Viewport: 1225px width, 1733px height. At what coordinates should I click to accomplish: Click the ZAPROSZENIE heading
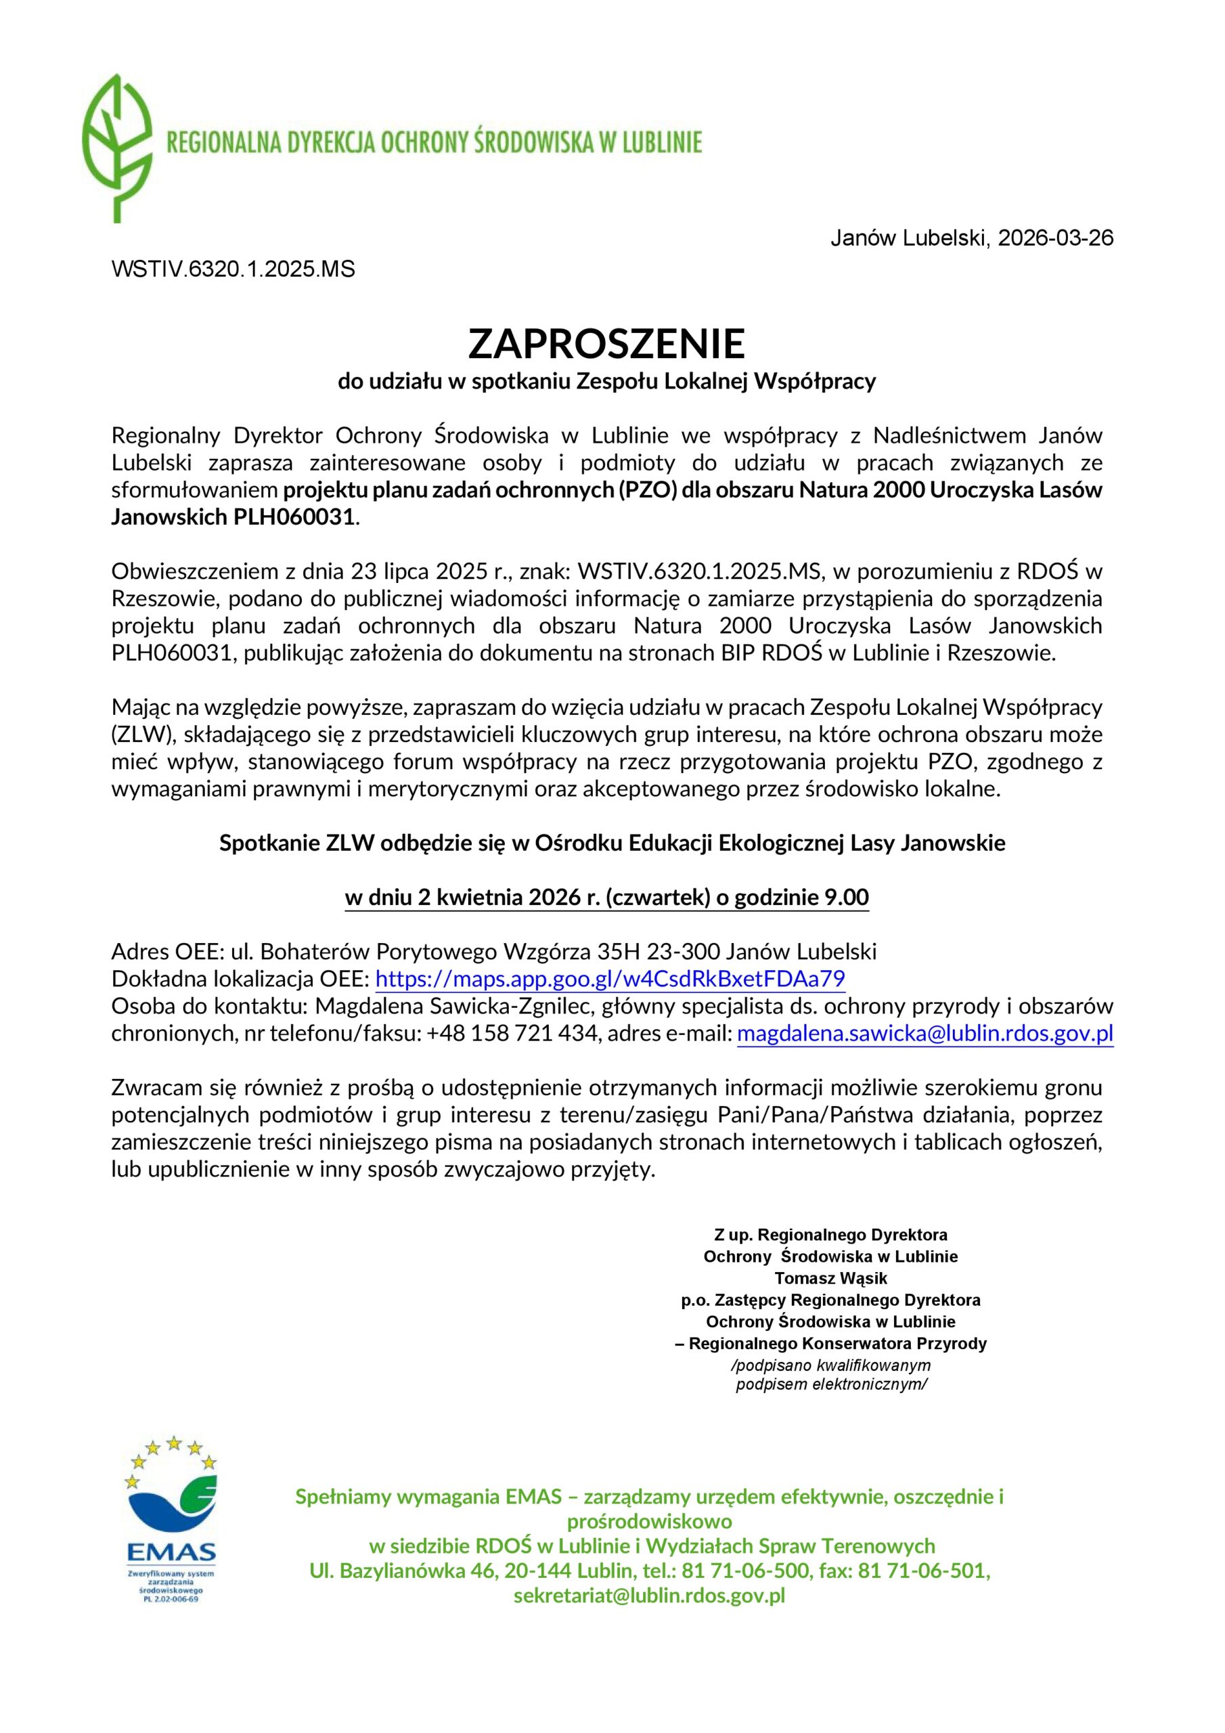(x=606, y=343)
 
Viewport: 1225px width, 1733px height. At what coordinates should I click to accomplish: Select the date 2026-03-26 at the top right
(x=1055, y=238)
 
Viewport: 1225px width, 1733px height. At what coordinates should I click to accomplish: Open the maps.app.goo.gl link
(x=610, y=980)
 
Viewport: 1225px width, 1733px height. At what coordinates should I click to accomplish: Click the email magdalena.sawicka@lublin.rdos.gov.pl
(x=925, y=1034)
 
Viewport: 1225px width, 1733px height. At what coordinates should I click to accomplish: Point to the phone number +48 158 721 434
(x=512, y=1034)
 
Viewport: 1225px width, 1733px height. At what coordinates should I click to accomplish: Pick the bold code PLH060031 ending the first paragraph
(x=288, y=518)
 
